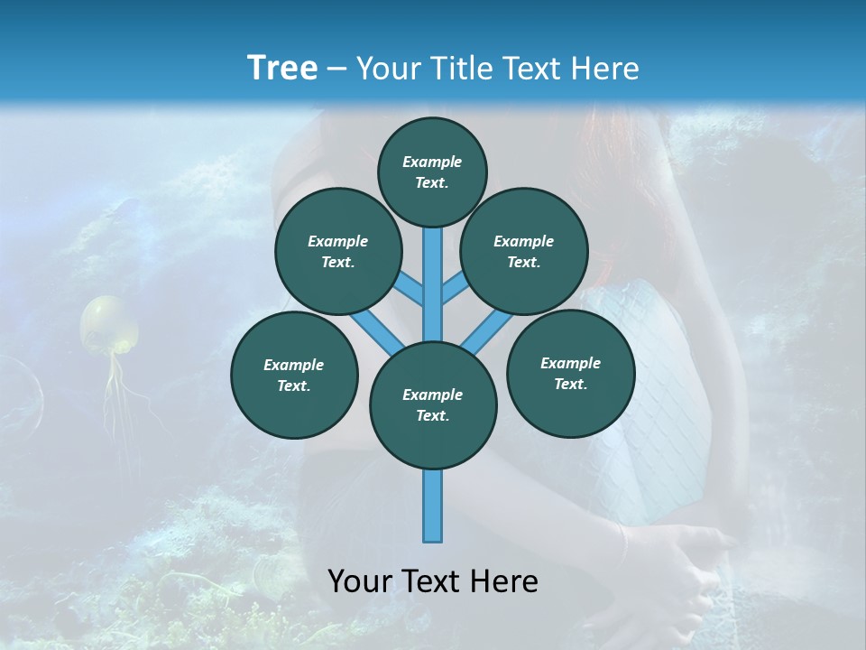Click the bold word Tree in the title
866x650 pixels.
tap(282, 68)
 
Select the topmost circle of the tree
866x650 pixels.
tap(432, 172)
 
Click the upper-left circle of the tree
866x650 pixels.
tap(338, 251)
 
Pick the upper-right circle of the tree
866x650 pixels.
tap(524, 251)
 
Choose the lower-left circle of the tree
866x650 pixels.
tap(294, 375)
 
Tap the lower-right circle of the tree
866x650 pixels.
tap(570, 373)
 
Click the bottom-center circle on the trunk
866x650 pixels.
tap(433, 404)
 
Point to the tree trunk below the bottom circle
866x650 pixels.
tap(433, 506)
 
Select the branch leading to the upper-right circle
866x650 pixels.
tap(454, 289)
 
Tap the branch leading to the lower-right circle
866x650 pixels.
tap(487, 331)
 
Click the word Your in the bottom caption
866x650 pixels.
tap(359, 581)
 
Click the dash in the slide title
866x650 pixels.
tap(337, 69)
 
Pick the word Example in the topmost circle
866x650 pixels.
tap(432, 162)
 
